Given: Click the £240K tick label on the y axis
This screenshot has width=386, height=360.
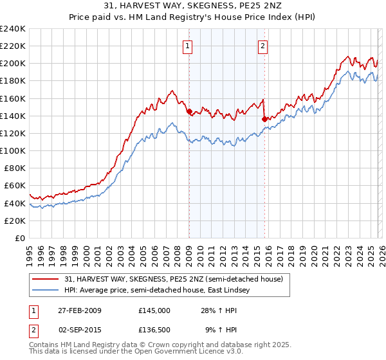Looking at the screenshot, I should tap(12, 29).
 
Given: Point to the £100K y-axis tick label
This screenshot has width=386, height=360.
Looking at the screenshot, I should tap(12, 150).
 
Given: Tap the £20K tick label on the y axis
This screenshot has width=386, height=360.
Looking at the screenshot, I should tap(15, 221).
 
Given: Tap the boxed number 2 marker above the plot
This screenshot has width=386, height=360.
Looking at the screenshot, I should tap(264, 46).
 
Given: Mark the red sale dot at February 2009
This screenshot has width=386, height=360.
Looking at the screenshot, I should tap(189, 111).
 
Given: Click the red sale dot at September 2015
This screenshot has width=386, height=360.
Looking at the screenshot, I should tap(264, 119).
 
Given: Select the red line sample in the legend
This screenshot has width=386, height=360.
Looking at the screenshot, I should tap(46, 279).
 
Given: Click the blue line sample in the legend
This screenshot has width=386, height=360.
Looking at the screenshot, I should tap(46, 291).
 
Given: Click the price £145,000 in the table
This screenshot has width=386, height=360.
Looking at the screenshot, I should tap(154, 310).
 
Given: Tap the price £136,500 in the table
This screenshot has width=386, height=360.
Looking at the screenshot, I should tap(154, 330).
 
